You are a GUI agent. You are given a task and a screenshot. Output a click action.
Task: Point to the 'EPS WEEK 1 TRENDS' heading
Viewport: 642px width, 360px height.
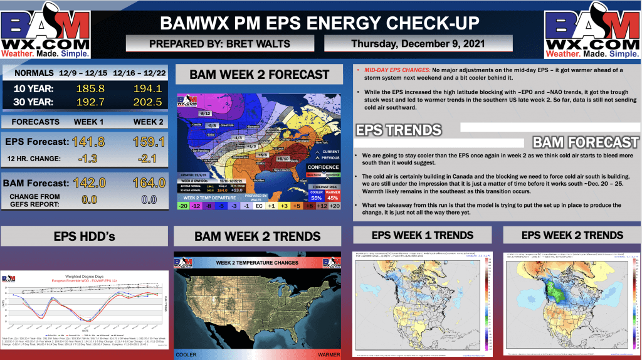pos(423,235)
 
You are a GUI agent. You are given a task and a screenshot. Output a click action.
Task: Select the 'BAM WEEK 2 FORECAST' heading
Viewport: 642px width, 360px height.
pos(259,75)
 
